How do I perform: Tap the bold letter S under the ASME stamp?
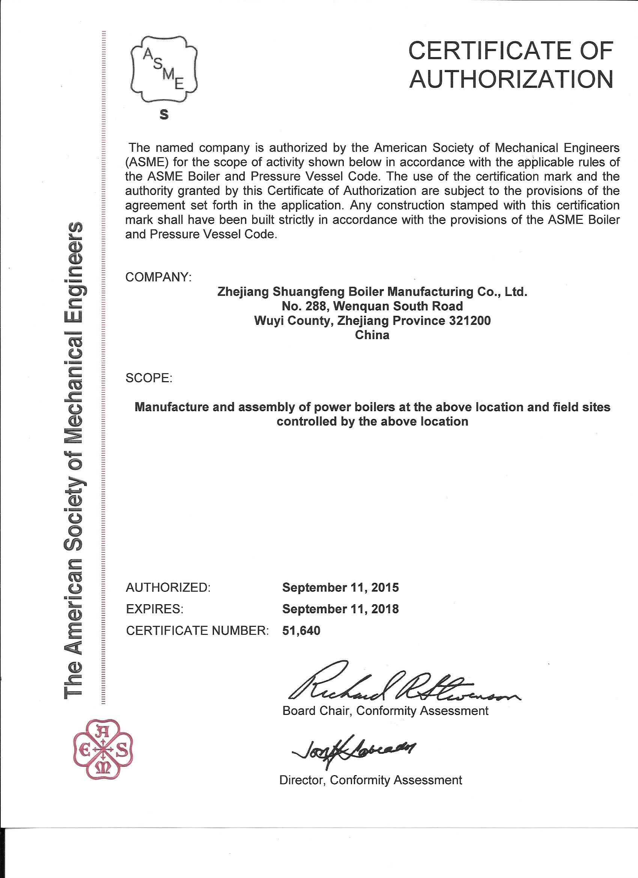[x=164, y=115]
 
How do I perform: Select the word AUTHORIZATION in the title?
[x=512, y=79]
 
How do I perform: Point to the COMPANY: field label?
[x=159, y=277]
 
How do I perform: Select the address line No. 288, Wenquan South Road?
[x=372, y=306]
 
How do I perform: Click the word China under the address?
[x=372, y=335]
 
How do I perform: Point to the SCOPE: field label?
[x=149, y=378]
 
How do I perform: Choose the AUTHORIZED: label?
[x=168, y=587]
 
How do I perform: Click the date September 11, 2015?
[x=340, y=587]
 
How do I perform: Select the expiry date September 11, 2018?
[x=340, y=609]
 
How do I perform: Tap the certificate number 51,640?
[x=301, y=631]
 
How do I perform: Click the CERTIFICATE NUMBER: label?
[x=197, y=631]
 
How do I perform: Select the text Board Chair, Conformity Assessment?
[x=385, y=711]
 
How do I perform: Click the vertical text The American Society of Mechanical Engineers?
[x=73, y=461]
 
